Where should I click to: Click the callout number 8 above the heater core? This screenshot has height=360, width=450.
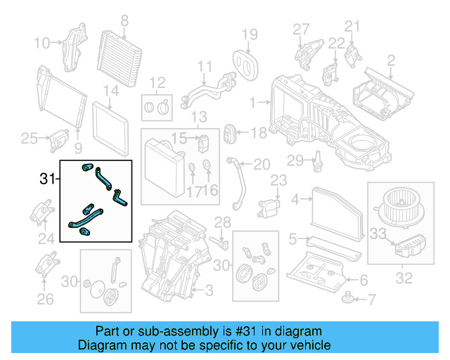(124, 20)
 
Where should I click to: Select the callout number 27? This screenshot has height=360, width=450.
(301, 29)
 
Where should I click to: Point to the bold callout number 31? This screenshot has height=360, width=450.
(47, 180)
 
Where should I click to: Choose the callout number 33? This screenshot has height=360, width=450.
(378, 233)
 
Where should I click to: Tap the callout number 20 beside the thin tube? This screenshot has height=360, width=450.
(261, 165)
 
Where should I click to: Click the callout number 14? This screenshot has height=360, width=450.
(111, 91)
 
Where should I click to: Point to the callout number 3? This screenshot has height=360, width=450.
(209, 290)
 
